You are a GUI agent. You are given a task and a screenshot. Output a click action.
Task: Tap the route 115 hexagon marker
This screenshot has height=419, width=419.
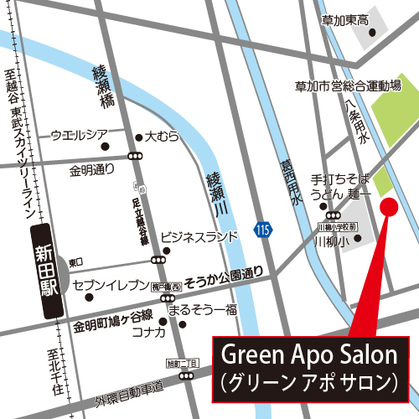[x=263, y=229]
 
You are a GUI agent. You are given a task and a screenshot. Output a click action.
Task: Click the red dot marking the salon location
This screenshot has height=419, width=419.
[x=388, y=206]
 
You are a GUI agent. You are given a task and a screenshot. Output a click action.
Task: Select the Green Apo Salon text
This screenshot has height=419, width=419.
[x=308, y=355]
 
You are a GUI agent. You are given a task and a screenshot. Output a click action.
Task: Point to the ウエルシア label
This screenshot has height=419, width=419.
[x=80, y=134]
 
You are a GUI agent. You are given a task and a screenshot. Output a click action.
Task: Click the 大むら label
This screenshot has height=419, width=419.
[x=163, y=135]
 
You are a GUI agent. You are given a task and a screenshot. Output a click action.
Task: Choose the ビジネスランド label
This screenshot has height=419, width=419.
[x=199, y=238]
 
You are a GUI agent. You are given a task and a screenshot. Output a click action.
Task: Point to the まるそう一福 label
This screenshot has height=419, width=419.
[x=202, y=310]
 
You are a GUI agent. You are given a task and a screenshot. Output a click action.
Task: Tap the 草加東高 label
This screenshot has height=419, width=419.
[x=345, y=20]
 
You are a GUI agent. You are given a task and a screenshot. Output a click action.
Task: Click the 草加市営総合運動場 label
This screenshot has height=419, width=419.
[x=350, y=86]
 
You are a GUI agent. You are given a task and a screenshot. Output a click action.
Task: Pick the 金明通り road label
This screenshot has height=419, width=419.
[x=92, y=169]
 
